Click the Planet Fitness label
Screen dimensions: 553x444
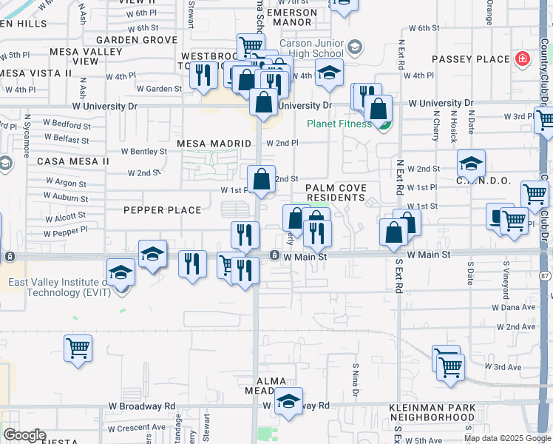pos(339,124)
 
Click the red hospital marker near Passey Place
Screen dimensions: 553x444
pos(523,58)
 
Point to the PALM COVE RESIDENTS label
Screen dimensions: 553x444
pos(336,193)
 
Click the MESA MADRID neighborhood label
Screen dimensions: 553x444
pos(214,143)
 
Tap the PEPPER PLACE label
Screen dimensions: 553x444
pos(163,210)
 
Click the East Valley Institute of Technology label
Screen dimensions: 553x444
pos(59,287)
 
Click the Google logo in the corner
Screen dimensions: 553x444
pos(24,435)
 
